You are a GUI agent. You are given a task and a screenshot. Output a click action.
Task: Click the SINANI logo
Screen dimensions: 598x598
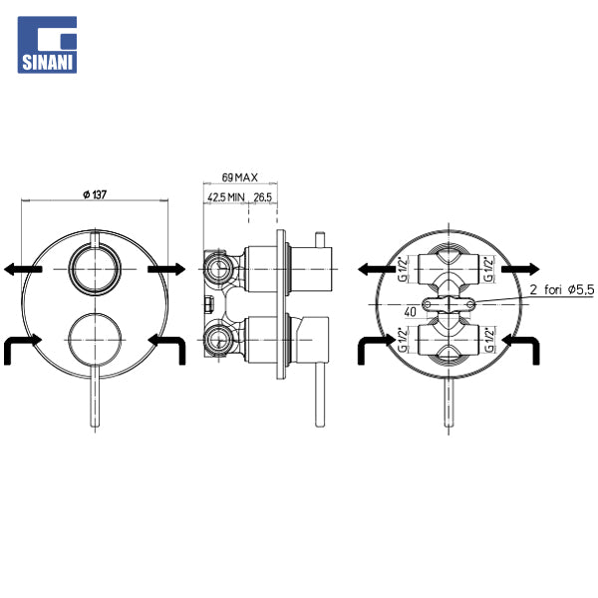point(47,45)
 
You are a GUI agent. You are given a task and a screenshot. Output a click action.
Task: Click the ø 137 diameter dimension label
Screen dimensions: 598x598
point(95,194)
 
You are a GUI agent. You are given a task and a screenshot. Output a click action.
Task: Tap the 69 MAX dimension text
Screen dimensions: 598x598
point(240,177)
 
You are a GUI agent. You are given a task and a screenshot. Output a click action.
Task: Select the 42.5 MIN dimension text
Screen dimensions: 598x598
point(226,197)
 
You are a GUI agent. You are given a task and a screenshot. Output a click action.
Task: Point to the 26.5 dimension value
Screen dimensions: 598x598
point(263,197)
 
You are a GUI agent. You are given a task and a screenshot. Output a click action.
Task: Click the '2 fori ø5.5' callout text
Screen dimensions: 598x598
point(562,290)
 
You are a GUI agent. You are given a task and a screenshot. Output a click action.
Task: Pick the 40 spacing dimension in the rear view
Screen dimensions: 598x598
point(411,312)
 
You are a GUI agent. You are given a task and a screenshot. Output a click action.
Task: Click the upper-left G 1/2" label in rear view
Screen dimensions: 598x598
point(403,270)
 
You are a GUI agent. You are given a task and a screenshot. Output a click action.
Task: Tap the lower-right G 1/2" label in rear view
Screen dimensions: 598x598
point(489,340)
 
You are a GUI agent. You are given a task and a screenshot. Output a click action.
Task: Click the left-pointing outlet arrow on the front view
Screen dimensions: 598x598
point(23,269)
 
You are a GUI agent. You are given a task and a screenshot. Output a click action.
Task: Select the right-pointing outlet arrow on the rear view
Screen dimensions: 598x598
point(520,269)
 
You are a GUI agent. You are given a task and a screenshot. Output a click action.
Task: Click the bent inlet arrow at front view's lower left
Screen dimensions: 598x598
point(18,346)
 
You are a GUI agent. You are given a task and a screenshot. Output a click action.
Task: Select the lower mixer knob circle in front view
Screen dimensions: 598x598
point(95,313)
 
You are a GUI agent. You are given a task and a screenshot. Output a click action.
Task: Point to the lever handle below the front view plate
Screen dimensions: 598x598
point(95,396)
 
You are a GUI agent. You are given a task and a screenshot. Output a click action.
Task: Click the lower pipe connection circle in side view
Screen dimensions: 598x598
point(217,340)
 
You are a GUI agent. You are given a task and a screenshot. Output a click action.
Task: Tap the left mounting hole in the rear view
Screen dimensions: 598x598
point(428,304)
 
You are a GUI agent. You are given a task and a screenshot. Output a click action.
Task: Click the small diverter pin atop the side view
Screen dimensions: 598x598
point(320,239)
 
